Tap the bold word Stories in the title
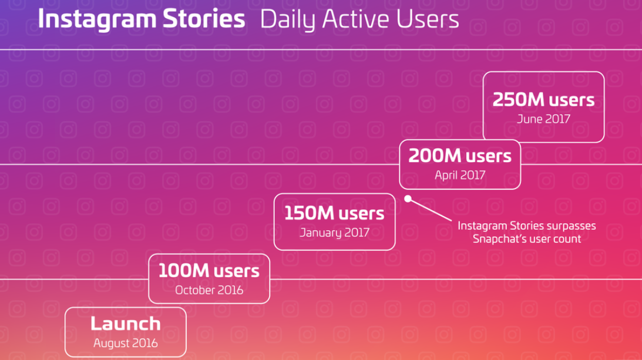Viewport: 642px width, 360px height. (204, 19)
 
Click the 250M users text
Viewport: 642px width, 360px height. (543, 99)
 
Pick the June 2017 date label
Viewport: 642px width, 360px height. (543, 119)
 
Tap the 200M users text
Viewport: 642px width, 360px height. (460, 156)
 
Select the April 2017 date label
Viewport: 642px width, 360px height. (460, 175)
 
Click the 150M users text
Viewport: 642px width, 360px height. (334, 213)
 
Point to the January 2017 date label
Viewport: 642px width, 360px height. (335, 233)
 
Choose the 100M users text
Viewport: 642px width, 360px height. (209, 271)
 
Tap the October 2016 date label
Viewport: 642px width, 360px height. (209, 290)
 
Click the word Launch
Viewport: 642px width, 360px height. (125, 324)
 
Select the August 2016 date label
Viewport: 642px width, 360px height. (125, 343)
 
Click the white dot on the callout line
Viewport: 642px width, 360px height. (408, 198)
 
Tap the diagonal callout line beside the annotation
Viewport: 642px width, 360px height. (430, 210)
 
